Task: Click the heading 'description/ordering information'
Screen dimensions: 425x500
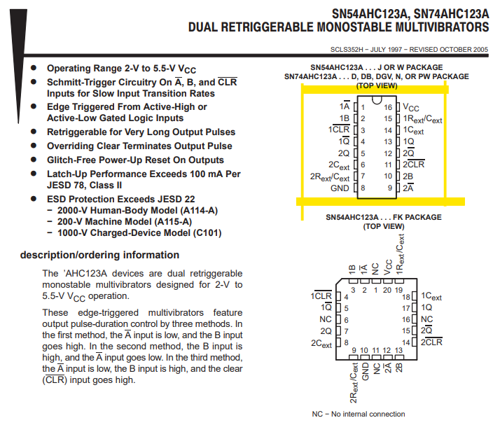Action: point(99,255)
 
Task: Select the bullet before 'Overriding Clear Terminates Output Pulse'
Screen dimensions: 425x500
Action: point(34,146)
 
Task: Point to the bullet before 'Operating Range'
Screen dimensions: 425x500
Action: point(34,69)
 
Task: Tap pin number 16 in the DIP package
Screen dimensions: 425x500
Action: point(388,108)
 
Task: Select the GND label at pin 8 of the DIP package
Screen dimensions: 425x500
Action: point(340,188)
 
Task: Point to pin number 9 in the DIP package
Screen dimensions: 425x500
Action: point(389,188)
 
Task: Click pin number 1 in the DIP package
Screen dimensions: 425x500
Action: point(363,108)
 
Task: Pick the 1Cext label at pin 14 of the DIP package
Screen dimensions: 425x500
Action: point(414,131)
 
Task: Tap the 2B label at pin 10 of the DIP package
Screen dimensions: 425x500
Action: point(408,176)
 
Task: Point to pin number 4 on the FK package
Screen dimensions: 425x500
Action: point(346,297)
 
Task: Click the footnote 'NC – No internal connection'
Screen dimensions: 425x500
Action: point(358,414)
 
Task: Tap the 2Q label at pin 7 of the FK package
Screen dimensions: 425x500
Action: point(326,330)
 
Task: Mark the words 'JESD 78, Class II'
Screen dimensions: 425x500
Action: point(85,185)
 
